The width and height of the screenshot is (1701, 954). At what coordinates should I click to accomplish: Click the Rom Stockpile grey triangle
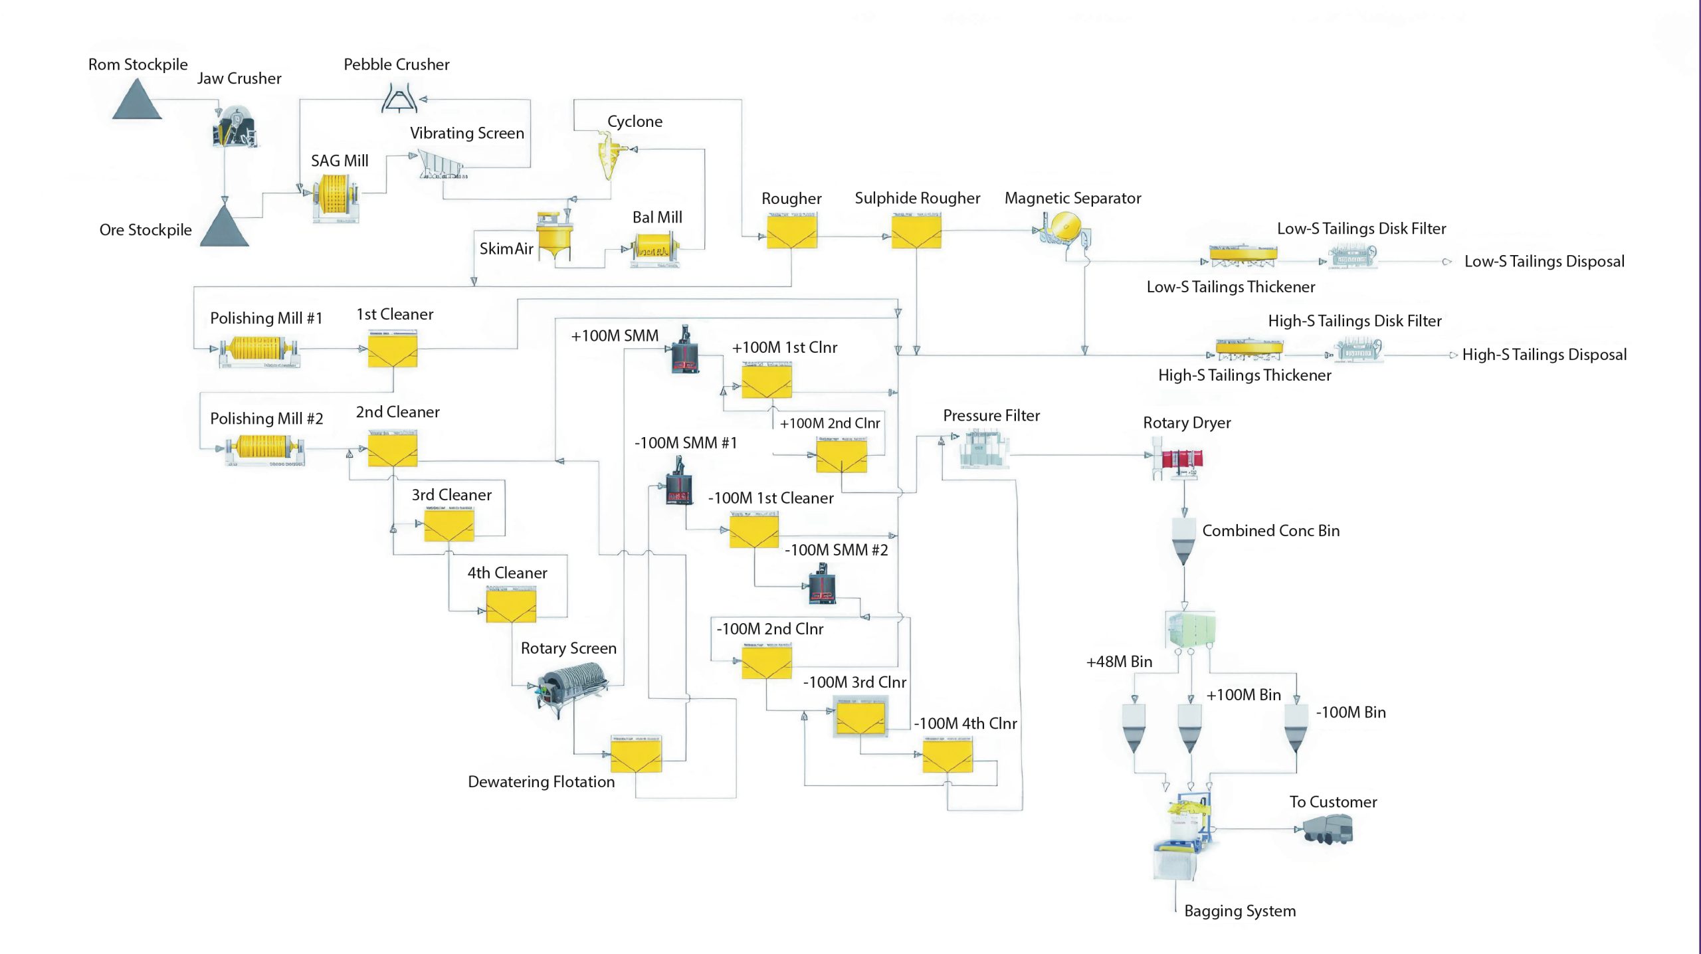pyautogui.click(x=137, y=101)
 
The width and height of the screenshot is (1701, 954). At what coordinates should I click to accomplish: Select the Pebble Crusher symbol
pyautogui.click(x=399, y=98)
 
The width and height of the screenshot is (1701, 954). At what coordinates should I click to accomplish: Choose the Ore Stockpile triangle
pyautogui.click(x=225, y=227)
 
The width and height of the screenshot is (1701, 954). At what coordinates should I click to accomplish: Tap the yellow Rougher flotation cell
pyautogui.click(x=791, y=231)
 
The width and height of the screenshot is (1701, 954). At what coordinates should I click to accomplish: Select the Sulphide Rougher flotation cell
pyautogui.click(x=916, y=231)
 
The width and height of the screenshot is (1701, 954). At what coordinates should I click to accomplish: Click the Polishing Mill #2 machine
pyautogui.click(x=264, y=451)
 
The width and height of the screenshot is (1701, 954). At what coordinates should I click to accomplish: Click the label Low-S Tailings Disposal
pyautogui.click(x=1544, y=262)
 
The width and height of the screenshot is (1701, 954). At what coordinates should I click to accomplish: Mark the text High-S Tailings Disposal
pyautogui.click(x=1544, y=355)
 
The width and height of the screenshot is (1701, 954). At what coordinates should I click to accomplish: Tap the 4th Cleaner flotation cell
pyautogui.click(x=510, y=605)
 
